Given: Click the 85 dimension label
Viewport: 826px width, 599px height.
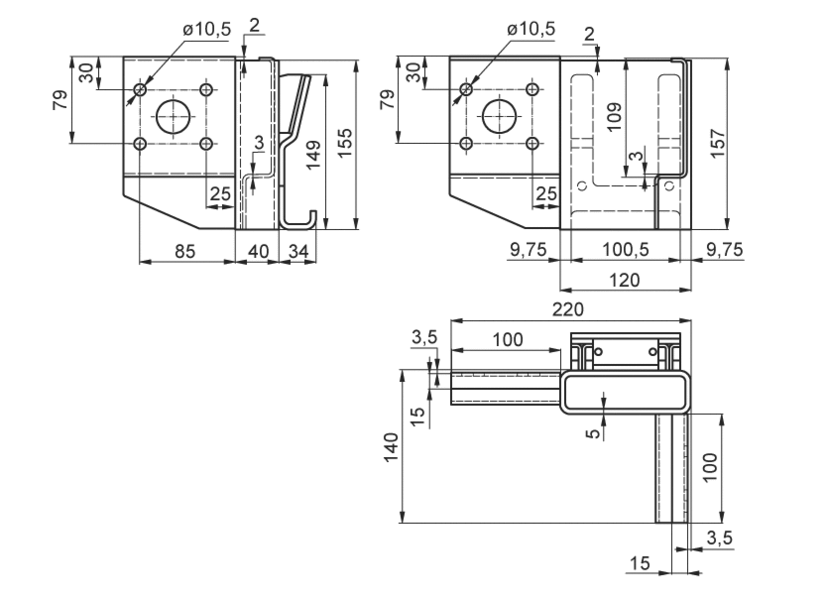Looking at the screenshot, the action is (x=184, y=251).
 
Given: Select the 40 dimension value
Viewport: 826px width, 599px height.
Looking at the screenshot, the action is (x=258, y=251).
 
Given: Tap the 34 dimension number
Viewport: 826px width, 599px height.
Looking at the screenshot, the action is (x=298, y=251).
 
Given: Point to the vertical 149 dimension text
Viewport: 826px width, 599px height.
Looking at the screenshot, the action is (x=313, y=155).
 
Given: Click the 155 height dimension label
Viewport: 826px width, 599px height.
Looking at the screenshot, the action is (x=345, y=142).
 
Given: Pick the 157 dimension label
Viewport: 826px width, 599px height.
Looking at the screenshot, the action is (x=718, y=142).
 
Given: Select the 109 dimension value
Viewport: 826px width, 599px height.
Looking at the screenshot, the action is (x=614, y=116).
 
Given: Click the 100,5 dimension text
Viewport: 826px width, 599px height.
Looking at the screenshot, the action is (x=626, y=249).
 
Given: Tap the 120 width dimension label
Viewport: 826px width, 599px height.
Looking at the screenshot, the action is (x=625, y=280).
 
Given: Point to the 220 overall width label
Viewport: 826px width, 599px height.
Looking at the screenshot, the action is (x=568, y=309).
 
